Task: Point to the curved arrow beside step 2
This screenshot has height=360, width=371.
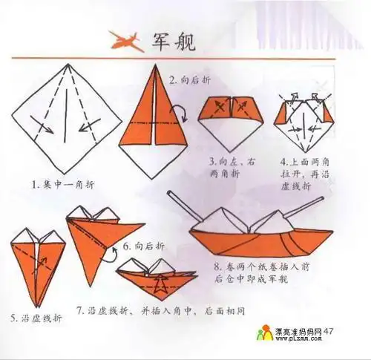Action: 177,113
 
